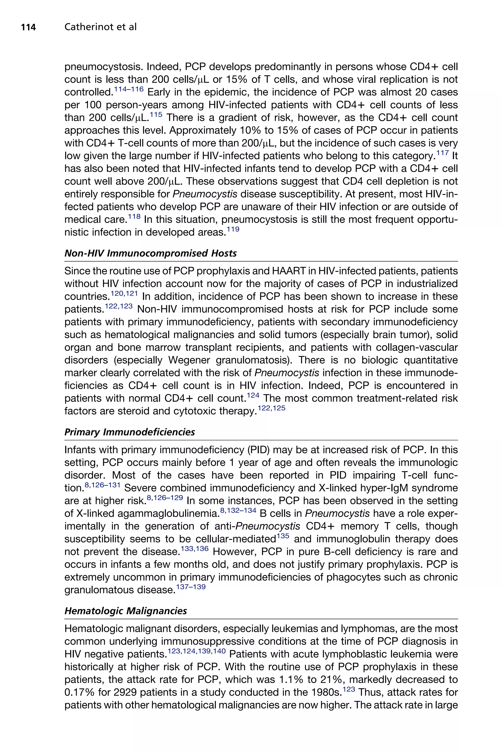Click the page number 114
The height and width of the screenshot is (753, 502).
28,27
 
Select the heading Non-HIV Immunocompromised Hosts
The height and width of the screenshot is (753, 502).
151,253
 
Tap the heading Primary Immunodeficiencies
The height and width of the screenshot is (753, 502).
130,432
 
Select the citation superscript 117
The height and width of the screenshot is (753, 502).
442,153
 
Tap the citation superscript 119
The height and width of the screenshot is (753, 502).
233,229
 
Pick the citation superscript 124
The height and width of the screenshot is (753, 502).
253,395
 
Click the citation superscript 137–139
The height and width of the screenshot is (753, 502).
191,587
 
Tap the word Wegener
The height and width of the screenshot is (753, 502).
189,360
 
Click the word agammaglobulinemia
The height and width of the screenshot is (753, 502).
168,514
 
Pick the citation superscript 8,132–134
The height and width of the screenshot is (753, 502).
238,510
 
